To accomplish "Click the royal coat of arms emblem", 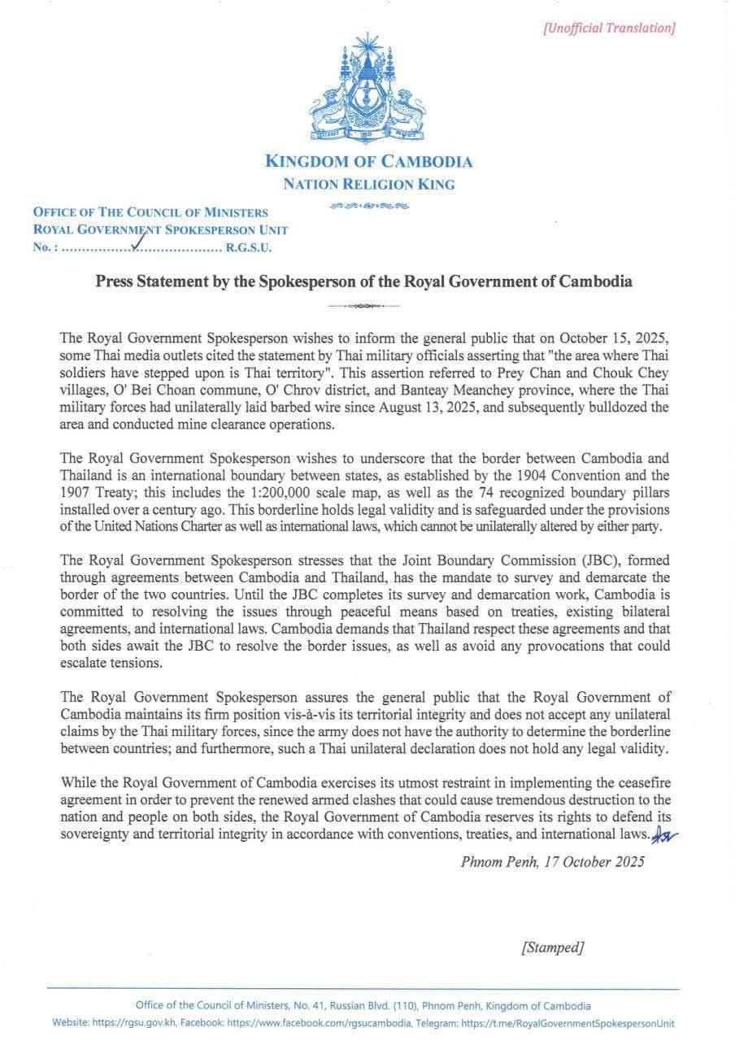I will [x=367, y=89].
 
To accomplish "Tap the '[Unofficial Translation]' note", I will [x=609, y=28].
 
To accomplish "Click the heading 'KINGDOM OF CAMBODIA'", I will [x=368, y=161].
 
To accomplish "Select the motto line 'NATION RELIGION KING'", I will [x=368, y=184].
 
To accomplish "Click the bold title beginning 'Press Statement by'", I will [x=364, y=282].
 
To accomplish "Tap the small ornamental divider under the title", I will [x=364, y=307].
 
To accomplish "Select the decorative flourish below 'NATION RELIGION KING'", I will [x=368, y=205].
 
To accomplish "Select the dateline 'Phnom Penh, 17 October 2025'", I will [x=552, y=862].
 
